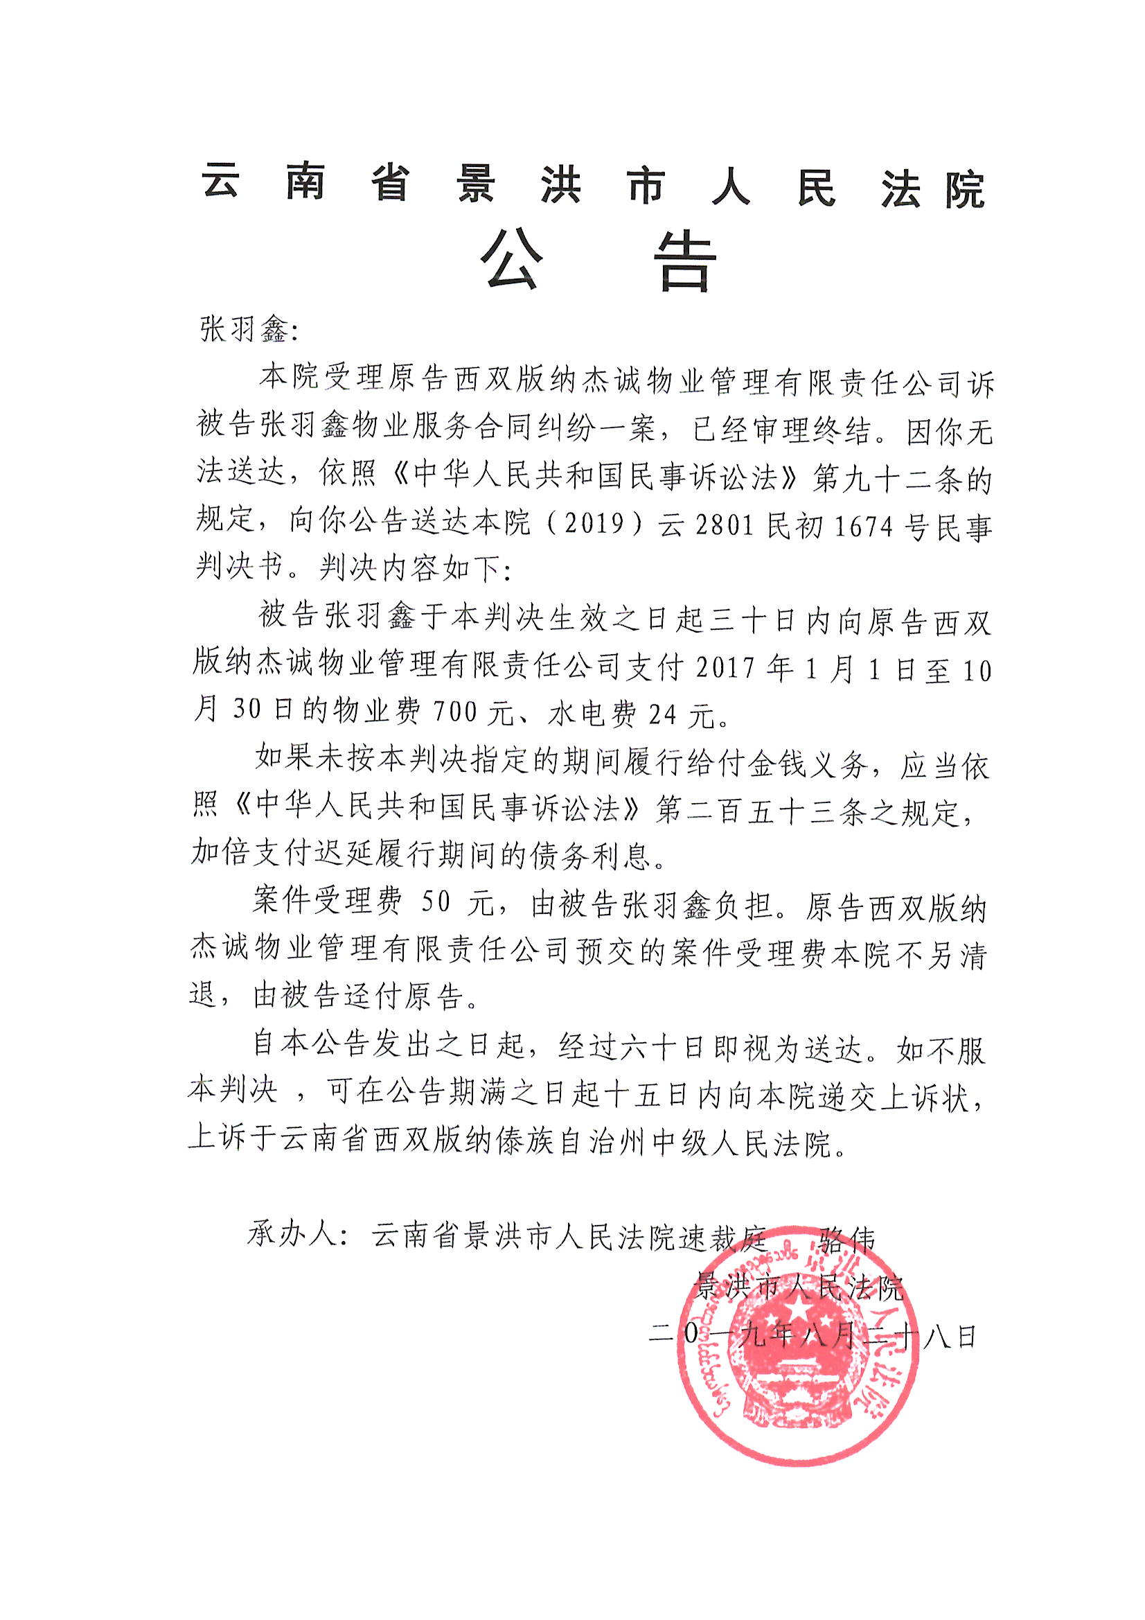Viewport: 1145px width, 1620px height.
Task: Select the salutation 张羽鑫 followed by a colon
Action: click(x=243, y=330)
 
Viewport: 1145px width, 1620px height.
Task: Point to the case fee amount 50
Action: click(x=435, y=904)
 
